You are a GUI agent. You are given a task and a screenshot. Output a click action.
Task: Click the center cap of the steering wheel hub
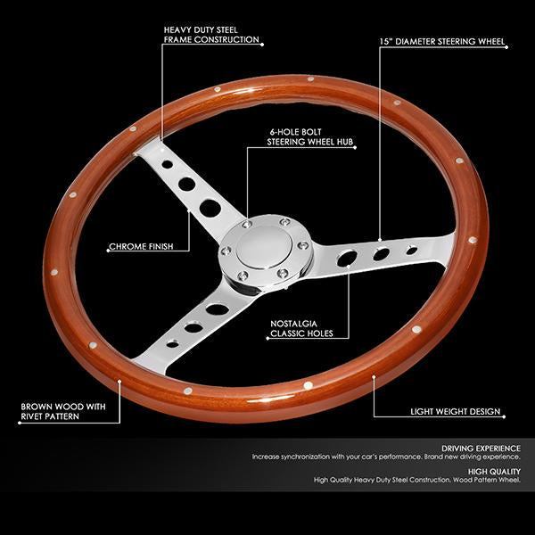click(x=264, y=246)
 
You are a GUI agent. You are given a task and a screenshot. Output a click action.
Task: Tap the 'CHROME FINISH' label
click(x=141, y=246)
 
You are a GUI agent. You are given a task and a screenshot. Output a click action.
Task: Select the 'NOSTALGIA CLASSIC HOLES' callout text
click(x=301, y=328)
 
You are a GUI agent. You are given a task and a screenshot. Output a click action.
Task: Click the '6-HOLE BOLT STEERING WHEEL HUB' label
click(x=309, y=136)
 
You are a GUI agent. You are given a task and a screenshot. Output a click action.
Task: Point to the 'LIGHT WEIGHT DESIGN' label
click(x=455, y=411)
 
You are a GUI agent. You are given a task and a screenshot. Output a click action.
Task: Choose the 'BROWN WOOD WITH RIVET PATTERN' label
click(x=63, y=411)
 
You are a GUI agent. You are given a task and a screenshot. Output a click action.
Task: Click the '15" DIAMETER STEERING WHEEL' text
click(x=442, y=42)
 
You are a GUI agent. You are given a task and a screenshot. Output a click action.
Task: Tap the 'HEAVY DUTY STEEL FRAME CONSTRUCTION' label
click(x=211, y=35)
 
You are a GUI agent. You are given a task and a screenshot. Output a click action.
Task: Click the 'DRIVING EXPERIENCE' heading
click(x=481, y=449)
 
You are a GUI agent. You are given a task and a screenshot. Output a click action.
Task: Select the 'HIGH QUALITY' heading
click(x=494, y=472)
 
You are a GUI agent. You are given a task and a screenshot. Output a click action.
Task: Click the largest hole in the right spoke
click(x=347, y=258)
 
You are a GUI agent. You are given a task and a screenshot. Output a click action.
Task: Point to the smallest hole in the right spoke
click(x=412, y=251)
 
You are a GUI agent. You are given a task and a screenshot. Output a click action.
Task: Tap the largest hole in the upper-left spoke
click(x=210, y=208)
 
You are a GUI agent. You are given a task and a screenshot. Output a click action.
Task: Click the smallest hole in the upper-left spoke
click(x=168, y=164)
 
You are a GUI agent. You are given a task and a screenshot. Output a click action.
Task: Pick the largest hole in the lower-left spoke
click(x=218, y=309)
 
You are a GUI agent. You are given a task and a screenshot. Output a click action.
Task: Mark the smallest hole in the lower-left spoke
click(x=173, y=344)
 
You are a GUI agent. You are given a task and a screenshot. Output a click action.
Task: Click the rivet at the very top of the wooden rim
click(x=310, y=79)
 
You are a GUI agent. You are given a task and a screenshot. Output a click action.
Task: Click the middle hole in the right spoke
click(x=381, y=254)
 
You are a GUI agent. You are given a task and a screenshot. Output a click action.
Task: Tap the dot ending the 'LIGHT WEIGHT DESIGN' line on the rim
click(x=374, y=377)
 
